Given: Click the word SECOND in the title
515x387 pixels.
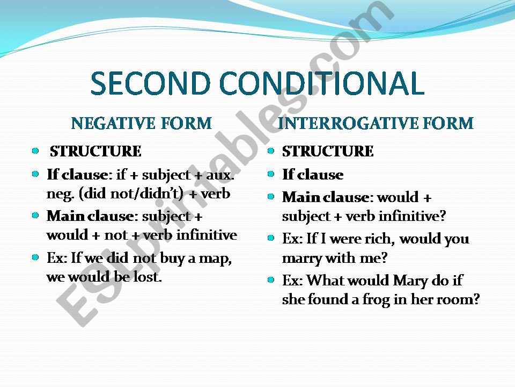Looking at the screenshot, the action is click(150, 83).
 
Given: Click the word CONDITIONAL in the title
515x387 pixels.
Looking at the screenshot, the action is click(322, 83).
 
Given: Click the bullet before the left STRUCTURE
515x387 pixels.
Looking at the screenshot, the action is click(35, 151).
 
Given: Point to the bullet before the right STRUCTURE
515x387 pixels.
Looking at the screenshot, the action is click(270, 151).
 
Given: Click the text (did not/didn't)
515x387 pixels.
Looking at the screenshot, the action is click(131, 194).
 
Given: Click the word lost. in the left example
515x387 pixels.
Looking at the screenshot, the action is click(148, 277).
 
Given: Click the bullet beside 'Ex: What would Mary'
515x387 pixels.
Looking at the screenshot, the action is click(270, 279).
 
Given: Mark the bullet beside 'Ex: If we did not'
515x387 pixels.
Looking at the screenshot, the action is click(35, 257).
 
